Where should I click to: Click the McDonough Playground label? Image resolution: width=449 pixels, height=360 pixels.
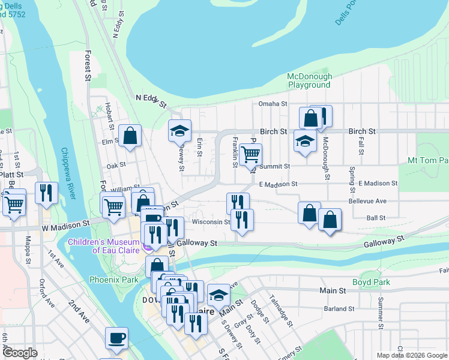click(309, 80)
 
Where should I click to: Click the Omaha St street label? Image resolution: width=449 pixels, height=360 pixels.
click(273, 104)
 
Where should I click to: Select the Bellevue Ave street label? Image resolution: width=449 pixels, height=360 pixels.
click(372, 201)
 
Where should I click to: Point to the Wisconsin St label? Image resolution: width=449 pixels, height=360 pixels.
click(211, 221)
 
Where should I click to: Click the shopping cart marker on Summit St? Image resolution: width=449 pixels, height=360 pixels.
click(250, 155)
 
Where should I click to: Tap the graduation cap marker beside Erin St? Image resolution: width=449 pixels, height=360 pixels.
click(179, 131)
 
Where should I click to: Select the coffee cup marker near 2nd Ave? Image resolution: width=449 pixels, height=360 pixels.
click(116, 337)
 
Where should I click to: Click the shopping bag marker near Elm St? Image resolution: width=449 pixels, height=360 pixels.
click(130, 136)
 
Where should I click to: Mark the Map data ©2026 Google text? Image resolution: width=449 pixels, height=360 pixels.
click(411, 355)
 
